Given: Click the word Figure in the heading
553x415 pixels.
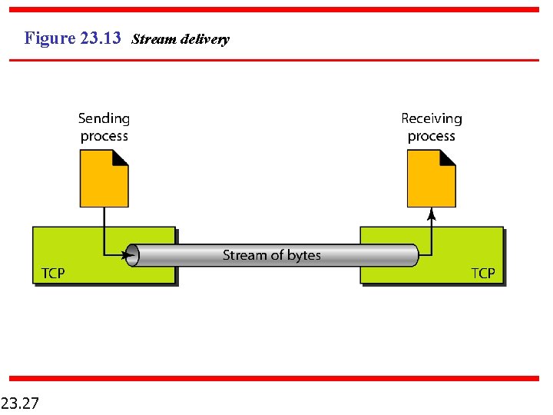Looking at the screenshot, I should pos(50,38).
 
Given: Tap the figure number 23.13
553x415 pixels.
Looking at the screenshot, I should pos(100,38).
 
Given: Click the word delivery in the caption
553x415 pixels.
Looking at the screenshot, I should pos(205,38).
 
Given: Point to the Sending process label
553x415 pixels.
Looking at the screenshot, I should pos(104,128).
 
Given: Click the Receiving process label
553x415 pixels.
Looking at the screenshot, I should pos(431,128).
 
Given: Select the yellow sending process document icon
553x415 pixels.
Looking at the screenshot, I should pos(103,181).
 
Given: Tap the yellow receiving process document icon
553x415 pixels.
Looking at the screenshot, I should pos(430,181).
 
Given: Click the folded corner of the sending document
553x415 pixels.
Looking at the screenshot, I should pos(120,158).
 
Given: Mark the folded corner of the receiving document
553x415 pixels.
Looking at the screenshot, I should pos(447,158).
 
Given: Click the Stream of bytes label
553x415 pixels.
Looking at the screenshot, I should pos(271,255).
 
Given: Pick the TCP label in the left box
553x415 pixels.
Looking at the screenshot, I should pos(52,273).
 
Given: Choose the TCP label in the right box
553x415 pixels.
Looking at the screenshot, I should pos(482,273).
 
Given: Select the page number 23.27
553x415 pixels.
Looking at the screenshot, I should pos(21,402).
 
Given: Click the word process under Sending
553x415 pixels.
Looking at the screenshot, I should pos(104,136).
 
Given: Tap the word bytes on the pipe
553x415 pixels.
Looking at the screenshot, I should pos(303,255).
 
